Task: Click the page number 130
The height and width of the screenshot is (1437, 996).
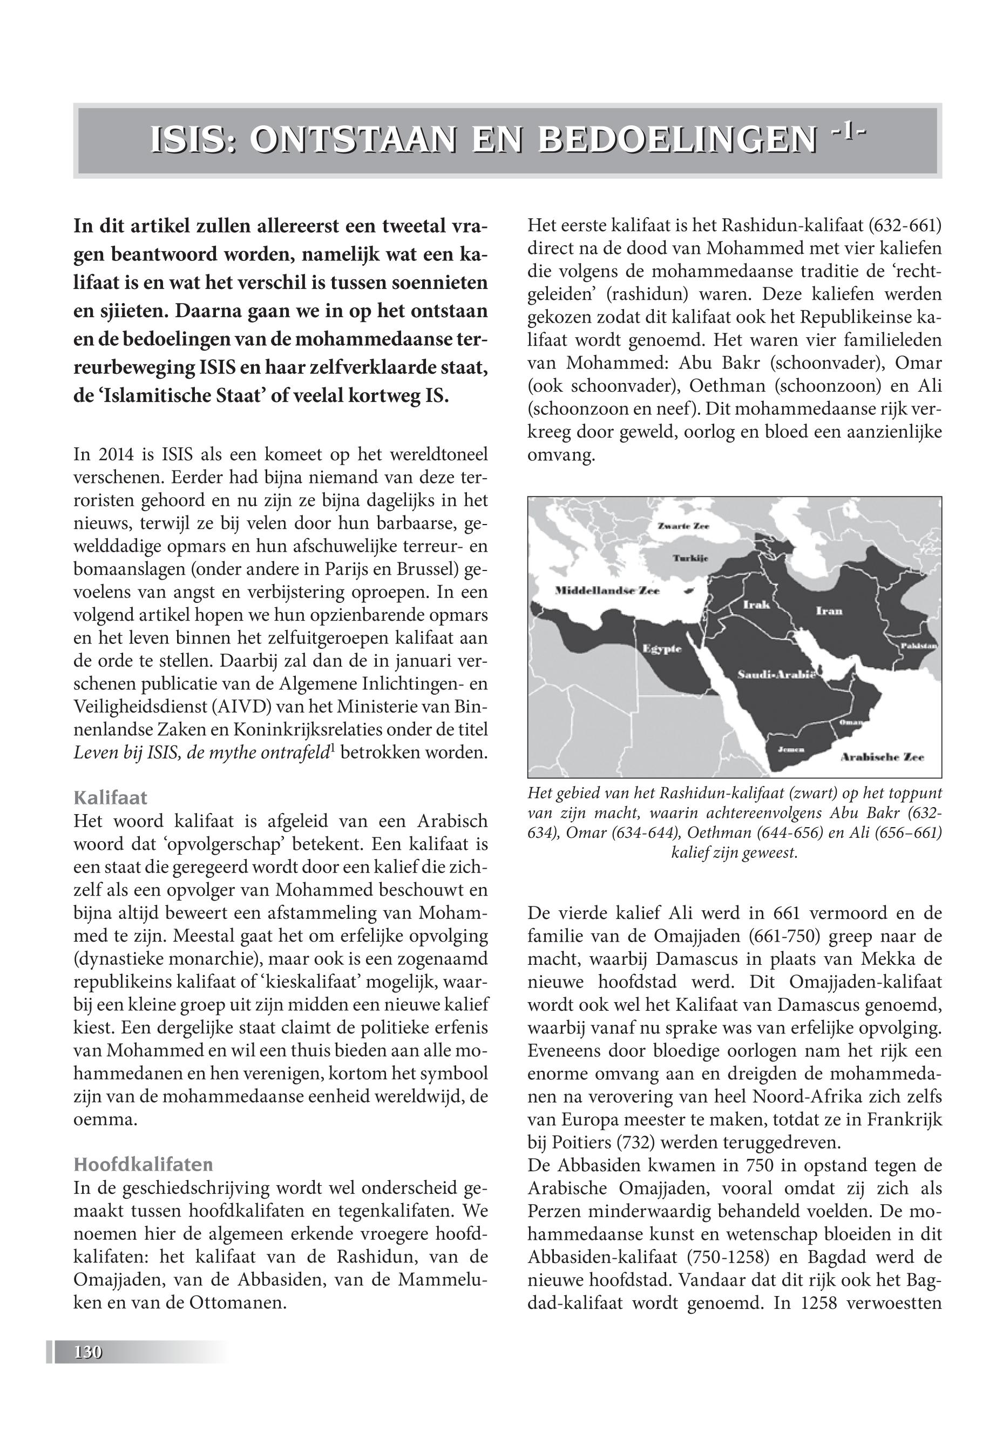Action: (88, 1352)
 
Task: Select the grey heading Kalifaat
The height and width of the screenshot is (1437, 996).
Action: (111, 797)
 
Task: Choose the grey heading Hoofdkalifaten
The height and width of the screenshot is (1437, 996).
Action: (143, 1164)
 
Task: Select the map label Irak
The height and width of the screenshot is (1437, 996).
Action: (756, 604)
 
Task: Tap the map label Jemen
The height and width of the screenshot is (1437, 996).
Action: (790, 749)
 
